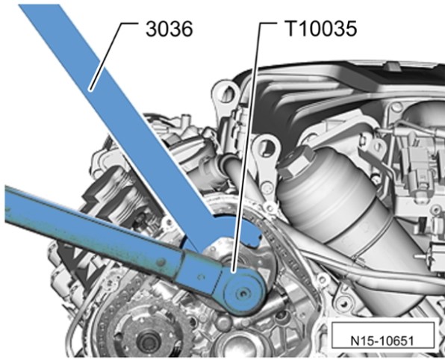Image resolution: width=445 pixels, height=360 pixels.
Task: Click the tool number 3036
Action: pyautogui.click(x=169, y=29)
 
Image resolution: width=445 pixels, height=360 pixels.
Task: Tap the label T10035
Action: pyautogui.click(x=321, y=28)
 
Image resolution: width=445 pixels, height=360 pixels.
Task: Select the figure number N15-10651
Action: pyautogui.click(x=382, y=341)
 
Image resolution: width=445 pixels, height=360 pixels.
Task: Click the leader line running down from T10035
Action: pyautogui.click(x=246, y=148)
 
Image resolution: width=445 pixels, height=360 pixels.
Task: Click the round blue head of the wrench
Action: pyautogui.click(x=243, y=293)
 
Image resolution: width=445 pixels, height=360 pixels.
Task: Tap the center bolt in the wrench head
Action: pyautogui.click(x=242, y=294)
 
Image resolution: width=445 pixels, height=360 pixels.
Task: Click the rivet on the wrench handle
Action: pyautogui.click(x=161, y=261)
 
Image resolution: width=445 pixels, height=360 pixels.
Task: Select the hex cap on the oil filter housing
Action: pyautogui.click(x=295, y=164)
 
